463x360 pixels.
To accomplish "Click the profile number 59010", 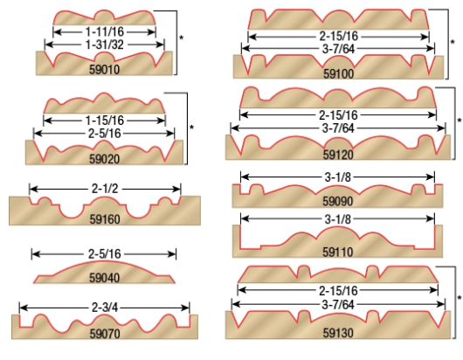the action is (x=105, y=70).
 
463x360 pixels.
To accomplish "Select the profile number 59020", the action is (x=105, y=159).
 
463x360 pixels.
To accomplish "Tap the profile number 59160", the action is (x=105, y=219).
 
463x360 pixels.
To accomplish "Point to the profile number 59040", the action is (x=105, y=278).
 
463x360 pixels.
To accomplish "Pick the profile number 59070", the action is (x=105, y=334).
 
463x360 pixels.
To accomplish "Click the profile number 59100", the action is (x=338, y=73).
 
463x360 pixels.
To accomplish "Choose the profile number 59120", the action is (x=338, y=155).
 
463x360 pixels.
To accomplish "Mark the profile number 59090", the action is (x=338, y=202).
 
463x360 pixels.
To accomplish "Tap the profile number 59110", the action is (x=338, y=253).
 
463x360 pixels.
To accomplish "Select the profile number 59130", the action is (x=338, y=333).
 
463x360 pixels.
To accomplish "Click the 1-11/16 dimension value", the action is (x=105, y=31).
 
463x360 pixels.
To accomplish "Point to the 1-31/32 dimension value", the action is (x=105, y=45).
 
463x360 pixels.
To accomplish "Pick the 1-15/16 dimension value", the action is (x=105, y=121).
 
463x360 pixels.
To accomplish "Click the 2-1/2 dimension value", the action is (x=105, y=189).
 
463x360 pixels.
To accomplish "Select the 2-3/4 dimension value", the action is (x=105, y=308).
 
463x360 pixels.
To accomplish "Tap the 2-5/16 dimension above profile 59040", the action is (x=105, y=254).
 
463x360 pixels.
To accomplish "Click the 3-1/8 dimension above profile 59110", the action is (x=338, y=219).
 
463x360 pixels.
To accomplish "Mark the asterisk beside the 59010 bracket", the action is (x=182, y=38).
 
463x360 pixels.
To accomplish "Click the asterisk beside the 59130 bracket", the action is (x=460, y=298).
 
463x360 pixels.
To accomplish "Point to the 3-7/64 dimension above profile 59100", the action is (x=338, y=49).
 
